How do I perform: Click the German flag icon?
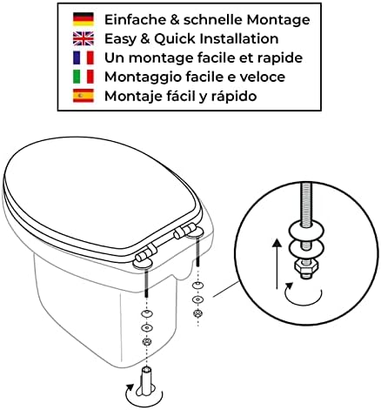84,19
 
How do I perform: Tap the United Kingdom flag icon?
84,38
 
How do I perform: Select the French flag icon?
84,57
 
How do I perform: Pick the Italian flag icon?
84,77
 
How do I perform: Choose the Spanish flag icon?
84,96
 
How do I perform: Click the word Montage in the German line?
278,20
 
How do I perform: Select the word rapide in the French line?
280,58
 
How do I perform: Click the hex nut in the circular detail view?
306,267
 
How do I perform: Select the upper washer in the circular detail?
306,231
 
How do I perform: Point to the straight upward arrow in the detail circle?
277,264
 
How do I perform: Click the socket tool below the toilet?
148,382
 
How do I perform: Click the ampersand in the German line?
175,20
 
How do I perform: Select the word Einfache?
135,19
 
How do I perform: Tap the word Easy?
120,39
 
